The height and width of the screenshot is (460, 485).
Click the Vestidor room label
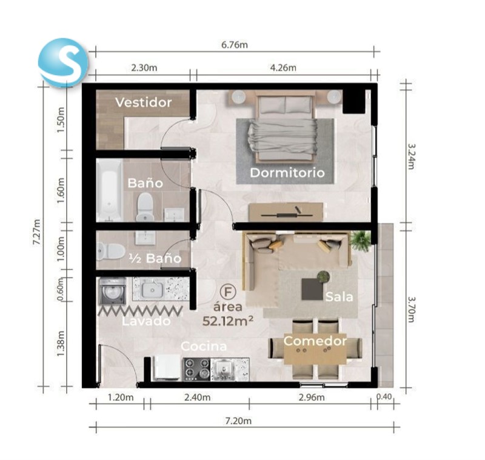click(144, 102)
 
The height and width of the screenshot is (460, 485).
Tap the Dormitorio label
click(287, 173)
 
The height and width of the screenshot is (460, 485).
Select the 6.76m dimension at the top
click(235, 45)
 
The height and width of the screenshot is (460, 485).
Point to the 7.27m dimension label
click(37, 232)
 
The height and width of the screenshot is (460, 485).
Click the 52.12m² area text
click(228, 321)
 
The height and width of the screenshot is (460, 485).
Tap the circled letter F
click(228, 292)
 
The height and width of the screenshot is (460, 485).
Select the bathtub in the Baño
click(110, 190)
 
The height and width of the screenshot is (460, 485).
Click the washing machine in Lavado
click(112, 291)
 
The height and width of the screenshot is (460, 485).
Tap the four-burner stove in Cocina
click(196, 369)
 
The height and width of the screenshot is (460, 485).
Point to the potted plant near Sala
click(361, 241)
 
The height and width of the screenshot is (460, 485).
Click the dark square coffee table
click(312, 289)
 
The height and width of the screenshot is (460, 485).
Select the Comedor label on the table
click(315, 341)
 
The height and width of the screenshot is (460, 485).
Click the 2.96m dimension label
click(312, 397)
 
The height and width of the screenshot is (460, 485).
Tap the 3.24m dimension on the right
click(411, 156)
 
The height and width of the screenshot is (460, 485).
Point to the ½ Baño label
click(155, 258)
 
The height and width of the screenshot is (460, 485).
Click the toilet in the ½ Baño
click(110, 251)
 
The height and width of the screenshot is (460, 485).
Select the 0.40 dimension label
click(384, 396)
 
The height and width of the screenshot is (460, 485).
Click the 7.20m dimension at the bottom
click(238, 421)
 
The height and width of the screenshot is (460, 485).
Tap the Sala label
click(339, 297)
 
